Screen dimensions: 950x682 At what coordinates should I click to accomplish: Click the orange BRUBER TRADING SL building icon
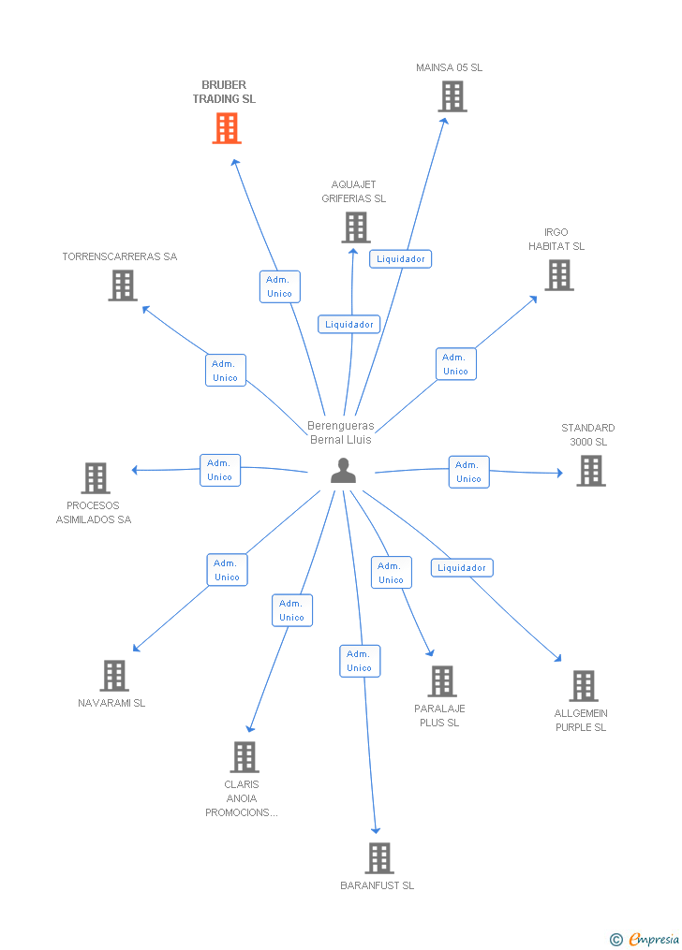[227, 128]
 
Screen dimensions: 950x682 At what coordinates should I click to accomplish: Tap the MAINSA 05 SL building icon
[452, 96]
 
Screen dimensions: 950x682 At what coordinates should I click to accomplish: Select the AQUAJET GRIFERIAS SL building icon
[356, 227]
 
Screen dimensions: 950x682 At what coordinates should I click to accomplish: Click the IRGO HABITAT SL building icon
[559, 275]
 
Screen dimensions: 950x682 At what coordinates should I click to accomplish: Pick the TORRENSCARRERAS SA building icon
[123, 285]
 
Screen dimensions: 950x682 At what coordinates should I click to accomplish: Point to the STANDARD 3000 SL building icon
[591, 471]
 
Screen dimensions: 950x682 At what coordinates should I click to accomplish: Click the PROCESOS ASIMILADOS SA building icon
[96, 478]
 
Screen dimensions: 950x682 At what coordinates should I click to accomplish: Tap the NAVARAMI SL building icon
[114, 676]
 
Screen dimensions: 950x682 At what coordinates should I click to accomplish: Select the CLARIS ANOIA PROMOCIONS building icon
[245, 757]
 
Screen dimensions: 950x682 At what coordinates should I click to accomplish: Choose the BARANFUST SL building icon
[378, 858]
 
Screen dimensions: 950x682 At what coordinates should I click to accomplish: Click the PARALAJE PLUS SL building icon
[442, 681]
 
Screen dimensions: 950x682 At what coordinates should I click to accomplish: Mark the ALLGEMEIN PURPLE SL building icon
[583, 686]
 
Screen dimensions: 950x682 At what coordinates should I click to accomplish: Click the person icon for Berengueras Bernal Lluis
[344, 471]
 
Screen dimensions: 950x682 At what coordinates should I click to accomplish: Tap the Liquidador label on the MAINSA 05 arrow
[400, 259]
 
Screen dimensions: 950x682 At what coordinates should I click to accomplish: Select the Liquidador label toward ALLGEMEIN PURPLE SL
[462, 568]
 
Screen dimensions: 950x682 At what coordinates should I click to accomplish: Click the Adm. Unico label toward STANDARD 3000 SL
[468, 472]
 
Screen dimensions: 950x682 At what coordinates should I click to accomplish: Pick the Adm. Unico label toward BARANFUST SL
[359, 661]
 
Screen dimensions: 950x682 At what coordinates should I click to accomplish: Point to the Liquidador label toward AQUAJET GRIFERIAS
[349, 325]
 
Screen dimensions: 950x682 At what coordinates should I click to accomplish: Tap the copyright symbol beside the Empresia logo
[615, 939]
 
